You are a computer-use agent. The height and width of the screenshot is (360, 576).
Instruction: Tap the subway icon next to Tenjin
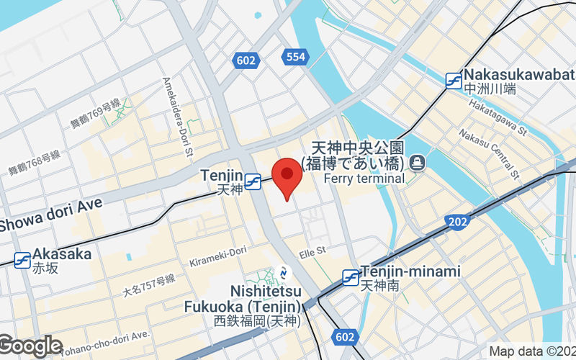tap(252, 183)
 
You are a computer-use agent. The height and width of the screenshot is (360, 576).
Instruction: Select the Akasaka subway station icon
tap(22, 260)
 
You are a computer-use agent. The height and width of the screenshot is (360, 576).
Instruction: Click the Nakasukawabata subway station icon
tap(454, 81)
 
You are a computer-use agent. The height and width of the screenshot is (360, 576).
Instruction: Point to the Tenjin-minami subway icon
tap(351, 277)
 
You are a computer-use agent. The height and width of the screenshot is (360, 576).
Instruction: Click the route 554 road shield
tap(294, 56)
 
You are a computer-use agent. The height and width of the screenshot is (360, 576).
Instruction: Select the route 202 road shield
tap(456, 222)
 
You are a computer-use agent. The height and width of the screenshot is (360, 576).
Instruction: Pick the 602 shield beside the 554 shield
tap(246, 60)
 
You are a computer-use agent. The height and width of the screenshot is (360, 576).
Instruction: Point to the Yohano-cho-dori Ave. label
tap(104, 342)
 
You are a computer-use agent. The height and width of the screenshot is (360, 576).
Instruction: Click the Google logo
tap(31, 346)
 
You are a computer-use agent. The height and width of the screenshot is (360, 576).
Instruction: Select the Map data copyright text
tap(531, 352)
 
